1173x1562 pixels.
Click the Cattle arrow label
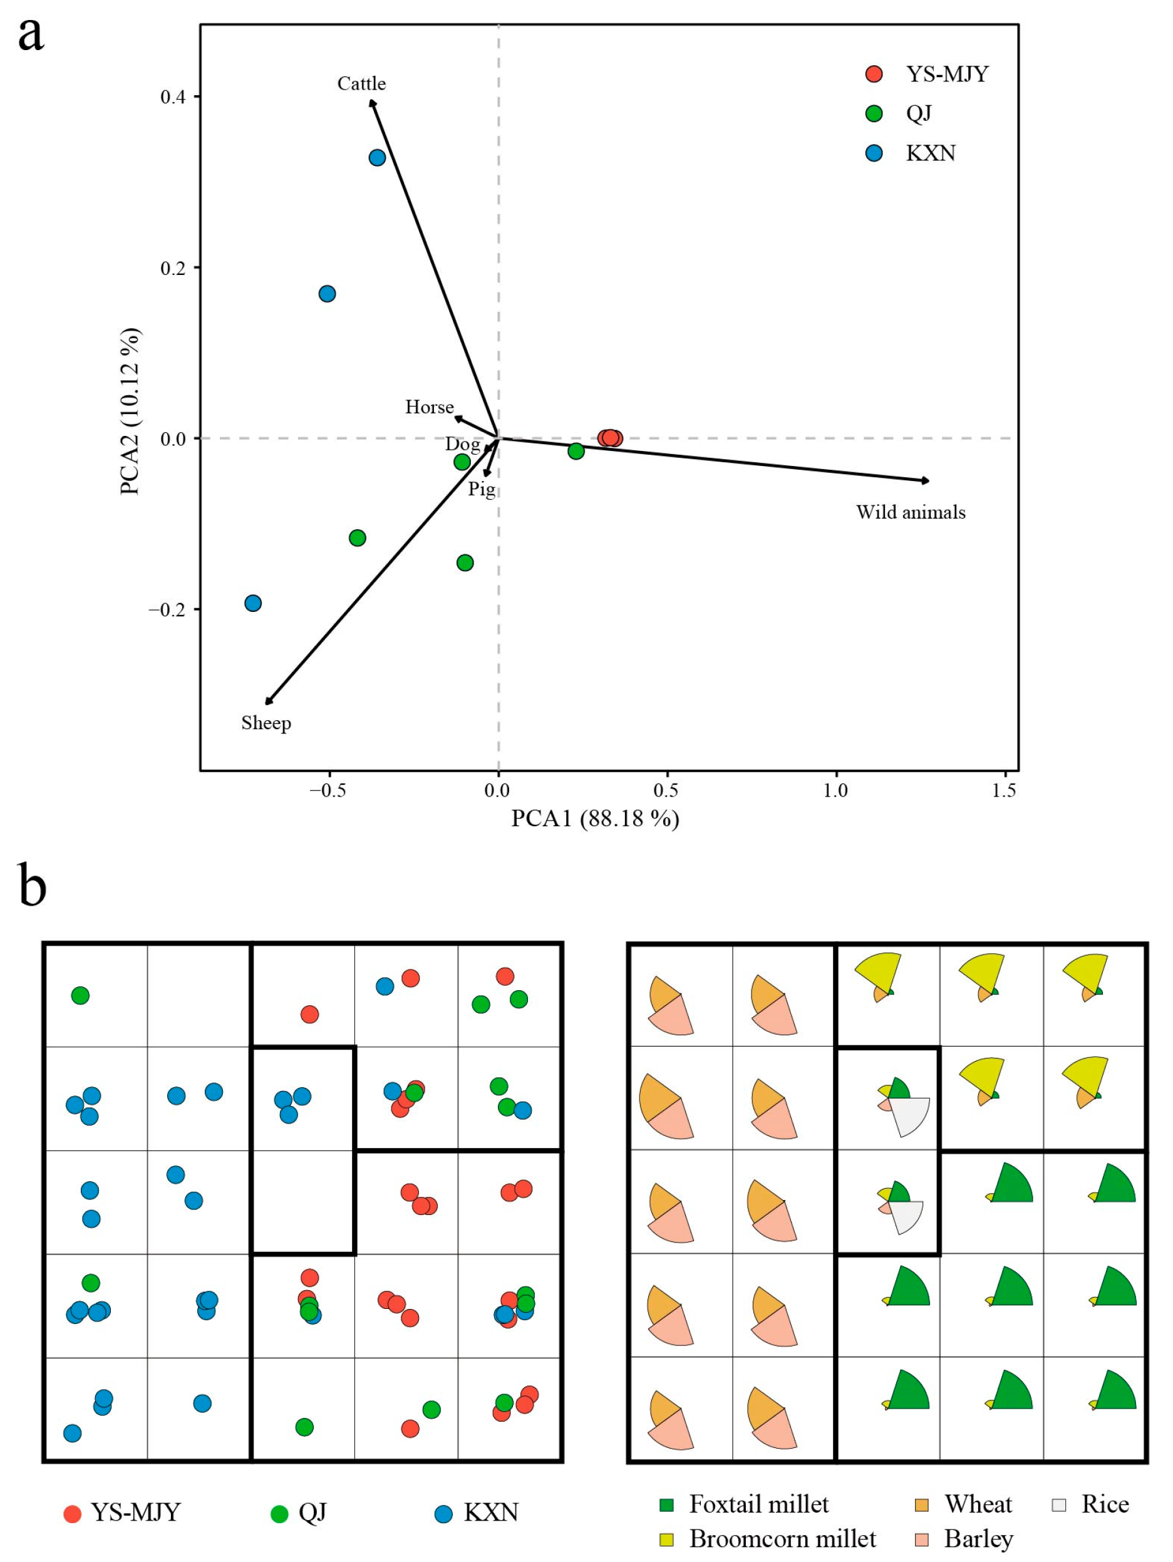tap(361, 84)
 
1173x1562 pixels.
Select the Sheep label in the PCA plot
tap(266, 723)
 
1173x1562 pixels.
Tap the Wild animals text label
tap(911, 513)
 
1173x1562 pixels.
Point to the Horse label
tap(428, 408)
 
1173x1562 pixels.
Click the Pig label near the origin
tap(482, 489)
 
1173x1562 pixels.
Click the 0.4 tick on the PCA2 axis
tap(173, 96)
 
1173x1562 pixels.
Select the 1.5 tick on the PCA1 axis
tap(1003, 790)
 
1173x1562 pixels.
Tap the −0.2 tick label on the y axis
tap(167, 609)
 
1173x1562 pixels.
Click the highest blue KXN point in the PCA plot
tap(377, 157)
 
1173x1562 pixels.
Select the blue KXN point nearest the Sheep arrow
tap(253, 603)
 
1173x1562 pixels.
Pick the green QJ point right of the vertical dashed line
tap(576, 451)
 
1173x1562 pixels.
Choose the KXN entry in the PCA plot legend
tap(930, 153)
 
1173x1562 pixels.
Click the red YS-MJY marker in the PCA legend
tap(874, 74)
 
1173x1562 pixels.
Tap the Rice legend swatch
tap(1058, 1505)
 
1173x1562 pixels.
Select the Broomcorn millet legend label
tap(782, 1539)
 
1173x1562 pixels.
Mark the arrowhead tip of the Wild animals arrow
tap(929, 481)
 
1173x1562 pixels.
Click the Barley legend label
tap(978, 1539)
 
